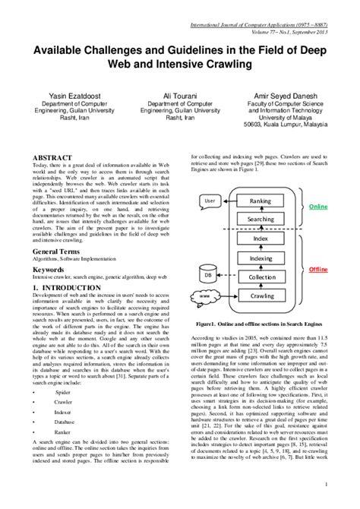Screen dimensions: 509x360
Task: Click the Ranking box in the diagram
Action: click(x=261, y=201)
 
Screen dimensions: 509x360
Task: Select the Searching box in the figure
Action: click(x=261, y=219)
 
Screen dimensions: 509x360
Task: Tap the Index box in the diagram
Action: click(x=261, y=239)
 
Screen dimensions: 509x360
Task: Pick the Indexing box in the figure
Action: click(x=261, y=258)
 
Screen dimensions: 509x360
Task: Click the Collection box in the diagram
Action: click(x=261, y=277)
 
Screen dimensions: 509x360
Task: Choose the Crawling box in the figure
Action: click(x=261, y=296)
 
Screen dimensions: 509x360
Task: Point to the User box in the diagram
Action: click(x=211, y=201)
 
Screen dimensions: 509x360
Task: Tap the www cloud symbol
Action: click(x=204, y=296)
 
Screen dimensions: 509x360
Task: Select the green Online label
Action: click(x=318, y=207)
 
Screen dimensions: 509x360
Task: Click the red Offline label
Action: click(x=318, y=270)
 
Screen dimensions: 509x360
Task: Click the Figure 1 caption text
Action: click(x=261, y=324)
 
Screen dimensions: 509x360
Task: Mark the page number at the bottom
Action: click(x=325, y=484)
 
